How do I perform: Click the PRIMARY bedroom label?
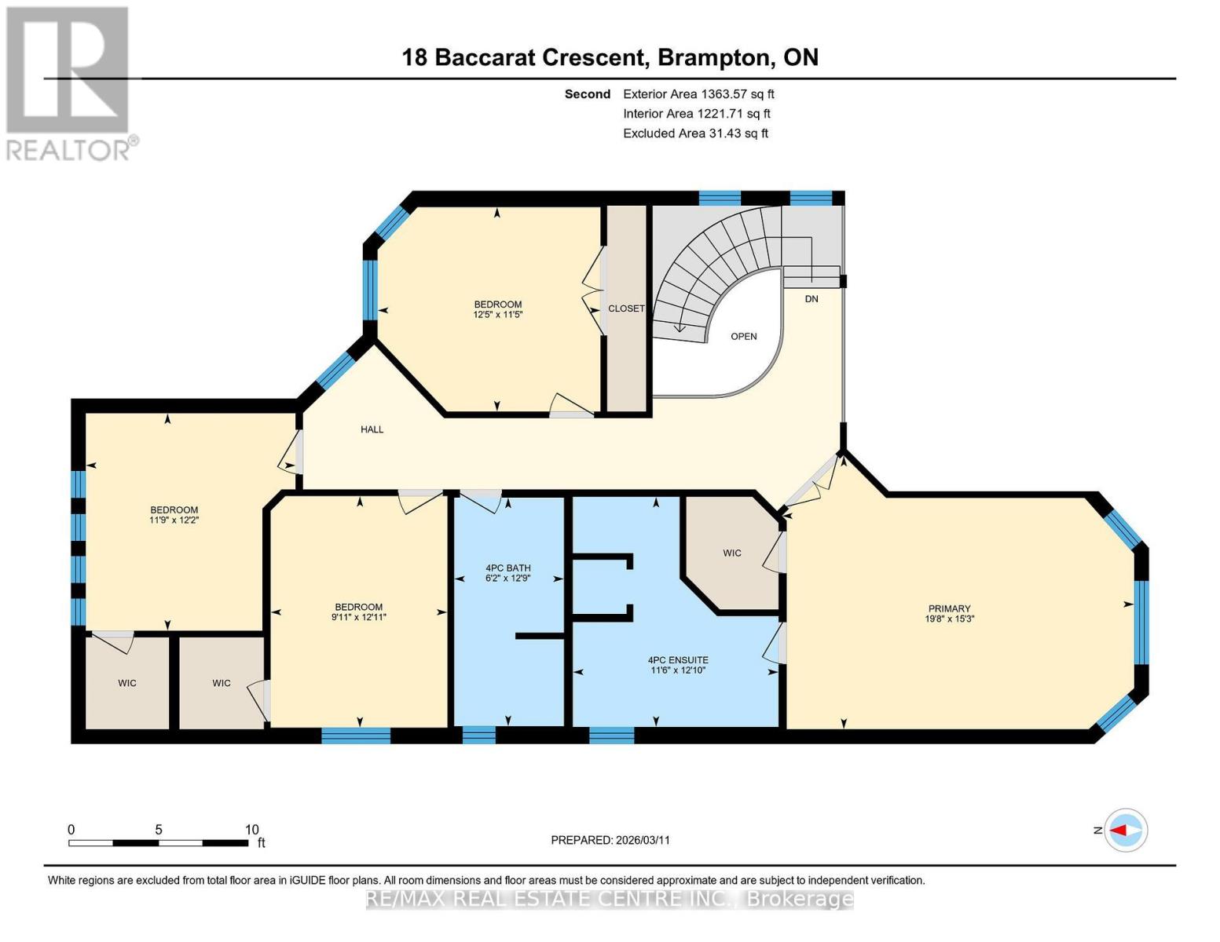coord(949,608)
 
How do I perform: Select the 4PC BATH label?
coord(507,568)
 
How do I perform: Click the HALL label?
coord(372,429)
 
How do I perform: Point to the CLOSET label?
coord(626,309)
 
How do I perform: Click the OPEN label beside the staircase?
coord(743,337)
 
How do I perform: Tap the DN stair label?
coord(812,299)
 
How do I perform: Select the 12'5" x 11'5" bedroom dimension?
coord(497,315)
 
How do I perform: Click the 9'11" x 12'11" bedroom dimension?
coord(358,617)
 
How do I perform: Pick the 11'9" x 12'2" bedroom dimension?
coord(174,520)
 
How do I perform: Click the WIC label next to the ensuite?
coord(731,553)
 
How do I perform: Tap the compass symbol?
coord(1126,830)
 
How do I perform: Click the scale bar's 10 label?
coord(251,830)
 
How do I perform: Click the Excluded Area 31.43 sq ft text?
coord(695,133)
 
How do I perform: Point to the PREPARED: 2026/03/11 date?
coord(610,840)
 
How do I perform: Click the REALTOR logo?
coord(69,82)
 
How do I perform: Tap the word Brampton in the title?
coord(713,57)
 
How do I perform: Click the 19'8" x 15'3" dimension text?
coord(949,619)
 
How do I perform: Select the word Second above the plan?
coord(587,94)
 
